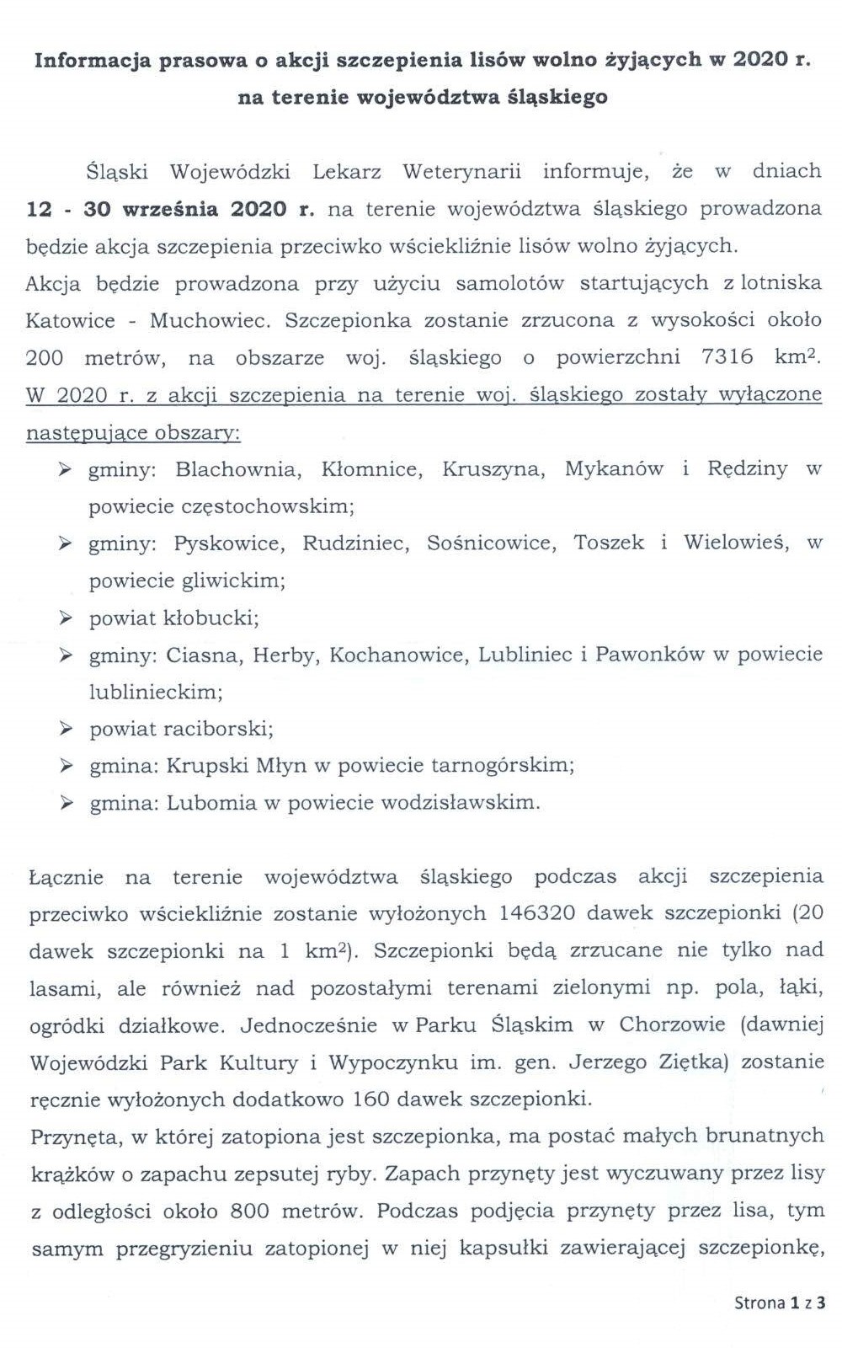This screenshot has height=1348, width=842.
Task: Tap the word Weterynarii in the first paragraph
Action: click(461, 172)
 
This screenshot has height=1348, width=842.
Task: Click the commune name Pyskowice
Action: click(226, 543)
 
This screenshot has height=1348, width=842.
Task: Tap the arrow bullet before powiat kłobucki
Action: click(66, 618)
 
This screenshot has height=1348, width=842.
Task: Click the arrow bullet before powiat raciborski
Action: click(66, 729)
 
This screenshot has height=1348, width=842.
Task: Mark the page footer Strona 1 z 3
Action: click(780, 1303)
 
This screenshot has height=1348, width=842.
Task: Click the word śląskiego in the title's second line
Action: click(558, 98)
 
